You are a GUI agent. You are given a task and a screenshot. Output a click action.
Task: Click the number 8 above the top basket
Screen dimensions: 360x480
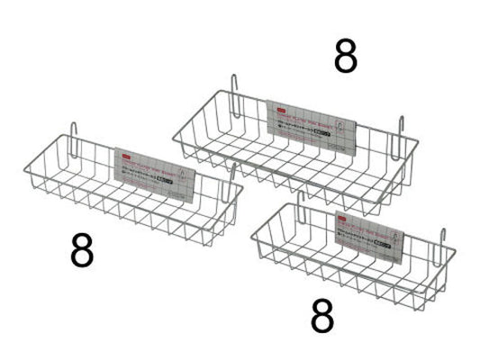coord(345,57)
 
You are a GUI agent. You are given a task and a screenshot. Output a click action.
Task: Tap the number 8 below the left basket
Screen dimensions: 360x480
coord(81,252)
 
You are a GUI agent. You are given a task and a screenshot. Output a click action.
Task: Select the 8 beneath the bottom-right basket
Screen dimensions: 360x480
coord(322,316)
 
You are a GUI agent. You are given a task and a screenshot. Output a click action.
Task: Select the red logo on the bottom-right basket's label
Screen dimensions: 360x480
coord(345,217)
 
